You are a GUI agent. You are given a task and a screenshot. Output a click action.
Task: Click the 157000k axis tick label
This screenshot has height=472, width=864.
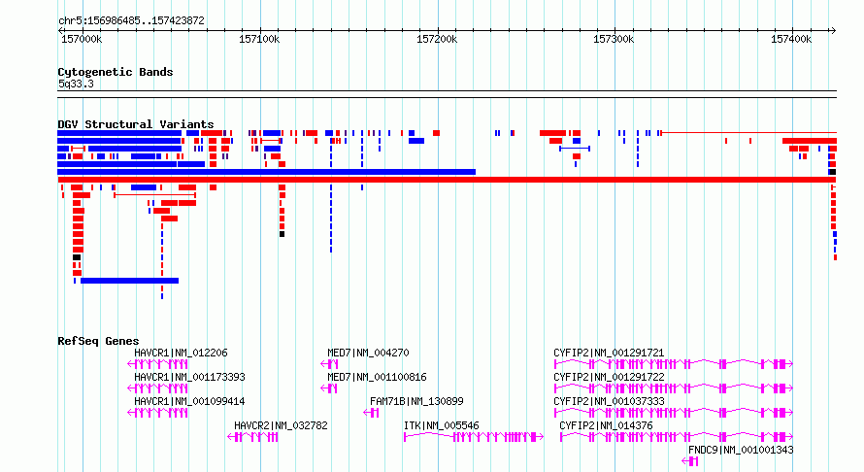(x=82, y=39)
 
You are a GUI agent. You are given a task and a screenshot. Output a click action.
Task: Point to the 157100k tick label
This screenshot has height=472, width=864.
(x=259, y=39)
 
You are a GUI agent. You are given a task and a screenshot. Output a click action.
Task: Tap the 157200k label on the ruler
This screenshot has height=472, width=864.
(x=437, y=39)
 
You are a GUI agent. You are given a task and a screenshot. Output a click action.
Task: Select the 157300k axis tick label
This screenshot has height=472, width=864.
(x=614, y=39)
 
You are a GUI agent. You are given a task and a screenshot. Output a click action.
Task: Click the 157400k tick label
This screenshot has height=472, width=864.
(x=791, y=39)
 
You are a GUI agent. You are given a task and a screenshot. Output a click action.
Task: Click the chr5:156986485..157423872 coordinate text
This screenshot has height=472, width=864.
(x=131, y=20)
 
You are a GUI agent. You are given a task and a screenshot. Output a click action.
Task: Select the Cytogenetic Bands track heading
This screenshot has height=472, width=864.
(x=116, y=72)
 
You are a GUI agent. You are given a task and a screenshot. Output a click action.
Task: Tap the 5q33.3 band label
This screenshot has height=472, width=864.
(x=76, y=84)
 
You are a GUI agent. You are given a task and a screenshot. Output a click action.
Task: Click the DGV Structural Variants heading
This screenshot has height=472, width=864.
(x=136, y=124)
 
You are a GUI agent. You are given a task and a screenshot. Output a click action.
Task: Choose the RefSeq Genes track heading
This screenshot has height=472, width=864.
(x=98, y=341)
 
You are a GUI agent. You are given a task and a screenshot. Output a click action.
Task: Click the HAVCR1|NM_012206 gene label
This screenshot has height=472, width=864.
(x=181, y=353)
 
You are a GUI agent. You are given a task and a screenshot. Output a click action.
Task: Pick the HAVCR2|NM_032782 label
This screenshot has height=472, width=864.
(x=281, y=425)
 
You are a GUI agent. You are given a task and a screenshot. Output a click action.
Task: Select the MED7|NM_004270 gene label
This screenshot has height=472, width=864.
(x=368, y=353)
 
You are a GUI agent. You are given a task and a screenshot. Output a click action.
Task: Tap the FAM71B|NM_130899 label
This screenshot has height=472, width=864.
(x=416, y=401)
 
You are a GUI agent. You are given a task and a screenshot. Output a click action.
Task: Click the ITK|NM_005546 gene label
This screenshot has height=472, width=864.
(x=442, y=425)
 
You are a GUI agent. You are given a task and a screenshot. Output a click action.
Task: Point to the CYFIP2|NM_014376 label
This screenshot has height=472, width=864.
(x=606, y=425)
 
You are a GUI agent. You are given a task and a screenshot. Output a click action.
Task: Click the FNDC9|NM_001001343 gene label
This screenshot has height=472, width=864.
(x=741, y=450)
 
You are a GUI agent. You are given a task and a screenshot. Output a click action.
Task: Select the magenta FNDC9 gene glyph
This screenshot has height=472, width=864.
(x=690, y=461)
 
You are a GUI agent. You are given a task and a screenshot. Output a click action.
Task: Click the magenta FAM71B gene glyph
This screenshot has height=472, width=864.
(x=371, y=413)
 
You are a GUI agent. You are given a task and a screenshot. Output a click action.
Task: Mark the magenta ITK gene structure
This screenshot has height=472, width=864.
(x=474, y=437)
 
